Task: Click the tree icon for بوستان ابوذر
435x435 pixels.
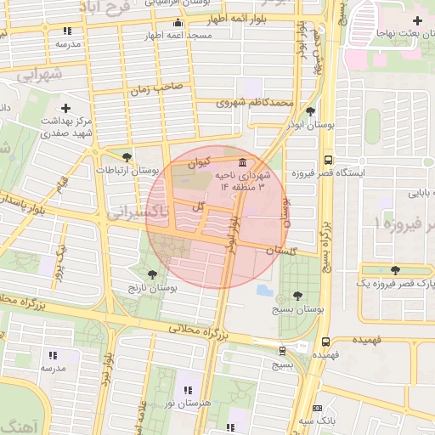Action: (x=310, y=110)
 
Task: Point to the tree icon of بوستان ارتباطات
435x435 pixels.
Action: (x=127, y=157)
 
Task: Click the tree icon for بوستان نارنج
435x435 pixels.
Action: (x=152, y=274)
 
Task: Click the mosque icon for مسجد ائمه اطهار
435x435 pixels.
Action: (x=177, y=23)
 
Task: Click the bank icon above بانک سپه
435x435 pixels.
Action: (x=318, y=408)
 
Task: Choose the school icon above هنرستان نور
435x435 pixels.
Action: (x=187, y=390)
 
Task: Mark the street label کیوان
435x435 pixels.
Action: (x=199, y=161)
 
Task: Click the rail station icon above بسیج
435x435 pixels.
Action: (x=282, y=350)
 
